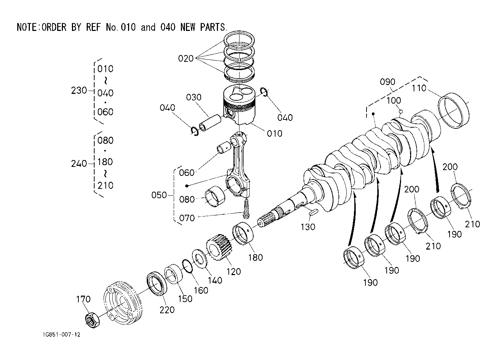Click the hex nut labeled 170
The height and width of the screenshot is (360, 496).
coord(92,320)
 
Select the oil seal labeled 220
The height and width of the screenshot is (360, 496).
coord(157,283)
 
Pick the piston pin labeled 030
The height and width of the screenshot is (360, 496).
coord(210,122)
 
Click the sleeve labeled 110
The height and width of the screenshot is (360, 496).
coord(454,110)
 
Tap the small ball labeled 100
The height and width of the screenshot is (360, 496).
coord(401,111)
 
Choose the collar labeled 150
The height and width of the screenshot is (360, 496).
coord(173,274)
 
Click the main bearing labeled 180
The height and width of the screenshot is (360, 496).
coord(243,233)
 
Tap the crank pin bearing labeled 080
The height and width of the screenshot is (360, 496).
coord(215,196)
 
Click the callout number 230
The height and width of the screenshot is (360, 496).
coord(79,90)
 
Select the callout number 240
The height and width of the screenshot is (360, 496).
coord(79,164)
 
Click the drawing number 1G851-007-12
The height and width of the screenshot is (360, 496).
coord(62,334)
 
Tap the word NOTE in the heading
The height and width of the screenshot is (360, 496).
coord(27,27)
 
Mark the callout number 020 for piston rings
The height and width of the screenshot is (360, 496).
coord(186,59)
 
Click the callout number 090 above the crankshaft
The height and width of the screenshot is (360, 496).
coord(387,82)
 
